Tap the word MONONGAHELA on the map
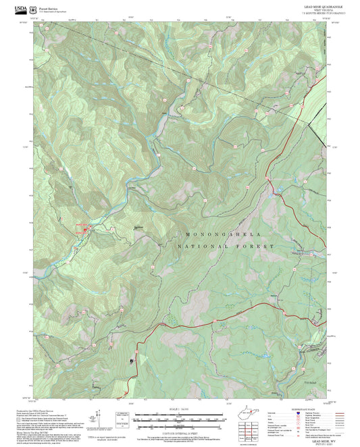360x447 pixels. pyautogui.click(x=223, y=234)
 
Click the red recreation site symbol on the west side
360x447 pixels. pyautogui.click(x=82, y=228)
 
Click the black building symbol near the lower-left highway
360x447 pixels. pyautogui.click(x=130, y=361)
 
